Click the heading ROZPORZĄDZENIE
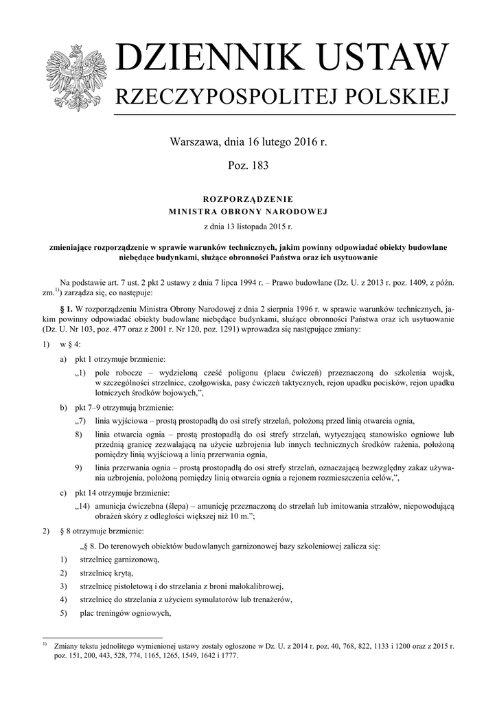click(248, 199)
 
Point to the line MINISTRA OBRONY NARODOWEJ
click(248, 211)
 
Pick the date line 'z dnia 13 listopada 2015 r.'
click(248, 226)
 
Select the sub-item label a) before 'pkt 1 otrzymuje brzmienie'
click(63, 359)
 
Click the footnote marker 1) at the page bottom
click(45, 645)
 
